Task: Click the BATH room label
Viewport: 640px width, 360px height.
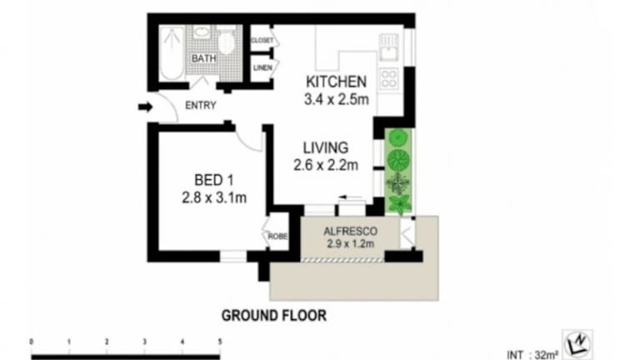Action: pos(203,58)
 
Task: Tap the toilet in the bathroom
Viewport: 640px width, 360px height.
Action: pos(226,40)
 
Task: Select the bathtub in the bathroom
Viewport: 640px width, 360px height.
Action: pos(172,53)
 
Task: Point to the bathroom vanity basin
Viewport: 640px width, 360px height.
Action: pos(201,32)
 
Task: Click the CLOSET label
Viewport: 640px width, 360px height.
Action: pos(262,40)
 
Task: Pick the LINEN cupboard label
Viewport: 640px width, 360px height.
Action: pos(262,67)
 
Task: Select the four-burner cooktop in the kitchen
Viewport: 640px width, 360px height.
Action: pos(389,79)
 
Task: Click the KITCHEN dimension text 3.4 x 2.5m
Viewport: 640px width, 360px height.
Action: pos(337,99)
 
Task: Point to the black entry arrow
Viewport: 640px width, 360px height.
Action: pos(145,107)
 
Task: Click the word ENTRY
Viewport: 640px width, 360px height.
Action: pos(200,105)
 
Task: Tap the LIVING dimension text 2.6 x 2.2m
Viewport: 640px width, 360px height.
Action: pos(326,165)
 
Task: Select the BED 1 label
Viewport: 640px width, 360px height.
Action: pos(214,180)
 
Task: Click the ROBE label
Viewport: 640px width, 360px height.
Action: pos(277,237)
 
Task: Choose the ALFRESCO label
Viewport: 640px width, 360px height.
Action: pos(350,232)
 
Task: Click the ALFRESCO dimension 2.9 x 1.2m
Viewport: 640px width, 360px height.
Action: pos(350,244)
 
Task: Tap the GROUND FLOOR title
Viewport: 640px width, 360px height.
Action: pos(274,316)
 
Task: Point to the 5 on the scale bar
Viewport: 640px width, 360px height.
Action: pos(220,342)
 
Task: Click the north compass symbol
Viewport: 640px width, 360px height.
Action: pos(577,343)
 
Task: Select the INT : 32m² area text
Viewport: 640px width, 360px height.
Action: pos(532,355)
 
